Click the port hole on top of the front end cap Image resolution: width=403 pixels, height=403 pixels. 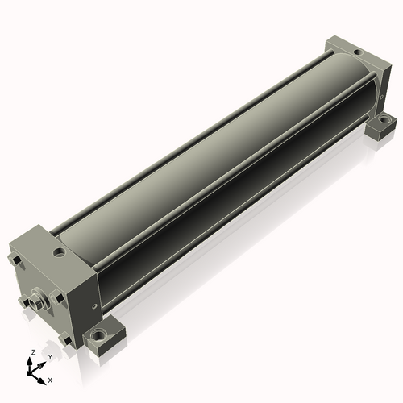(x=60, y=252)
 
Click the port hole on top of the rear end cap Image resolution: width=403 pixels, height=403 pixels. (x=358, y=52)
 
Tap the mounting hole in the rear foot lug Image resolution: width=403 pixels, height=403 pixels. (x=383, y=118)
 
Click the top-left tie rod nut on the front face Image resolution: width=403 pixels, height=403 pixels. (x=15, y=260)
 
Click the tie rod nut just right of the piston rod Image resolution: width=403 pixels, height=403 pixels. (x=58, y=297)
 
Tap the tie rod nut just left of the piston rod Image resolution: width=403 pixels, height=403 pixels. (x=24, y=301)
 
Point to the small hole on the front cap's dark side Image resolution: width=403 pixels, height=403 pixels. (x=93, y=305)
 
